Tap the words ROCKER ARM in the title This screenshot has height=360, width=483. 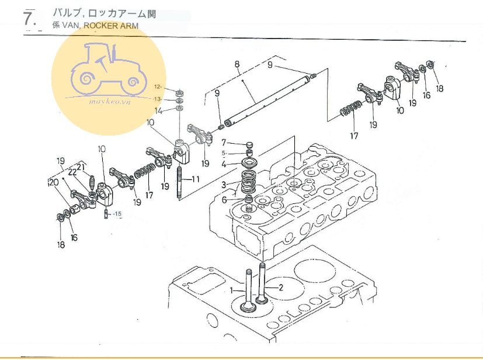point(111,26)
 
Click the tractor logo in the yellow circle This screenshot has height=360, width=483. point(109,70)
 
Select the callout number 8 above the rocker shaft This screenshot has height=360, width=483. point(237,64)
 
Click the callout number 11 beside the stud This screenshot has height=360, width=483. point(195,179)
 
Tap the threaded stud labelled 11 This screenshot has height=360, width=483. point(179,182)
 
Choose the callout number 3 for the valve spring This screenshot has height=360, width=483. point(224,185)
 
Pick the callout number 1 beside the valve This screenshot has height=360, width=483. point(232,290)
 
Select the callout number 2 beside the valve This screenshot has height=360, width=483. point(280,288)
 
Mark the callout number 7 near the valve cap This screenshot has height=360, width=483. point(224,143)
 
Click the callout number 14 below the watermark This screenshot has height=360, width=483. point(158,110)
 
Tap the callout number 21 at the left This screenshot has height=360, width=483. point(81,167)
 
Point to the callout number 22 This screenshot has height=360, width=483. point(72,172)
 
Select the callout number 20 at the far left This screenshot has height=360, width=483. point(54,182)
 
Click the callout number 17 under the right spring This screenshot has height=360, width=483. point(355,136)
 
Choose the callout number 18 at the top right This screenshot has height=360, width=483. point(440,88)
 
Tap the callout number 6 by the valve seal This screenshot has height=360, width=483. point(224,200)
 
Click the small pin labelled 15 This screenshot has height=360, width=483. point(106,213)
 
